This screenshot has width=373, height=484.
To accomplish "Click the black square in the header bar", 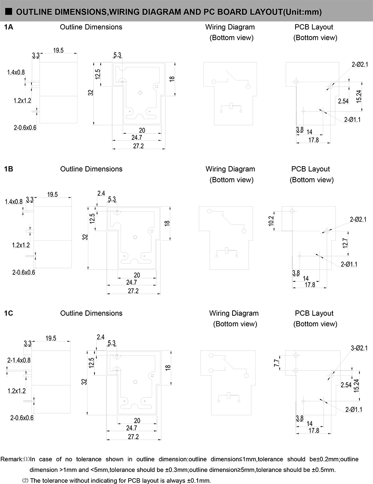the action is pos(9,12).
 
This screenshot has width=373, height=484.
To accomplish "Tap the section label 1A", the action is pos(9,27).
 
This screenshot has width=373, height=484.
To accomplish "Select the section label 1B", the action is pos(9,169).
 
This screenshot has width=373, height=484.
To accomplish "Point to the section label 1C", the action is pos(9,313).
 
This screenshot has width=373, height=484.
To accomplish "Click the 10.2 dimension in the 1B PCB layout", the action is pos(271,221).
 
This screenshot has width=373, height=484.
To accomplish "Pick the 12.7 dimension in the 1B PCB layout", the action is pos(345,243).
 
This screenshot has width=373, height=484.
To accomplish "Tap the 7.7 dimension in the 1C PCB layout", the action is pos(277,363).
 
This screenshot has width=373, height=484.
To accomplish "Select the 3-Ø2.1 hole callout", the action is pos(359,348).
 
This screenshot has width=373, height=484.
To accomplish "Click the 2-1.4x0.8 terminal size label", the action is pos(19,360).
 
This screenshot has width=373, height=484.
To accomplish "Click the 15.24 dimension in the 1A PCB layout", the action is pos(358,97).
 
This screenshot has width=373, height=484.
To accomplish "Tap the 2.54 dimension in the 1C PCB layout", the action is pos(346,385).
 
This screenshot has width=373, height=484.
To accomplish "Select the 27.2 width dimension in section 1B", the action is pos(133,291).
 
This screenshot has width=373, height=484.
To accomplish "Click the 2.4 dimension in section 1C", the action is pos(101,337).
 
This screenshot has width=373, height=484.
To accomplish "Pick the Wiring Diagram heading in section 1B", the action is pos(230,169).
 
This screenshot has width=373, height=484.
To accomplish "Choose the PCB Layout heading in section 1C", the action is pos(314,313).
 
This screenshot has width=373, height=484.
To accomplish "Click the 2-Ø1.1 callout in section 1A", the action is pos(352,119).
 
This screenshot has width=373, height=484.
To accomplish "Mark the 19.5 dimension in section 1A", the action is pos(58,50).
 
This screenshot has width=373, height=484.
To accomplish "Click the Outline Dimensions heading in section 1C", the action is pos(92,313).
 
